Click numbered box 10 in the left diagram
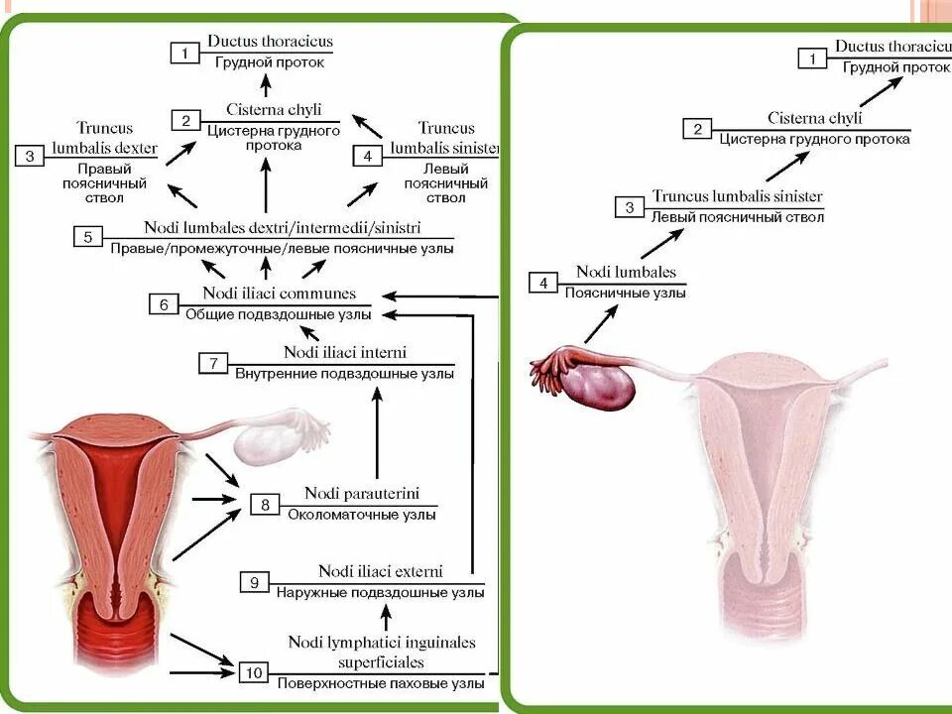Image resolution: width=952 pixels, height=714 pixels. click(254, 673)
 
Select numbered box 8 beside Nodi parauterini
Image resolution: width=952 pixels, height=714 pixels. click(265, 505)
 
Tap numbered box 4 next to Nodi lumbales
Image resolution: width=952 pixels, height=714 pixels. click(542, 284)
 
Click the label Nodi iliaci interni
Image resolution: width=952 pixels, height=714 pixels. click(344, 352)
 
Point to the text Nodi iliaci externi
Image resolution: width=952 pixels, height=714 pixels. click(380, 571)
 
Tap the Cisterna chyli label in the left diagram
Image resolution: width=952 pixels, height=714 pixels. click(274, 110)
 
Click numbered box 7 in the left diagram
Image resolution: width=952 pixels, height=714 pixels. click(213, 363)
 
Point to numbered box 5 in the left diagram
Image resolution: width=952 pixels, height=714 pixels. click(88, 237)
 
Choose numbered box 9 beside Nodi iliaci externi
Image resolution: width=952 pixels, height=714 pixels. click(255, 582)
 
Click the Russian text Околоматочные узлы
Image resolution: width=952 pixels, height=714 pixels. click(362, 515)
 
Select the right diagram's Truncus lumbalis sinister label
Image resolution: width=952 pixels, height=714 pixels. click(737, 196)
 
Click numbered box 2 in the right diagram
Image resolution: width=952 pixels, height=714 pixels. click(697, 129)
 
